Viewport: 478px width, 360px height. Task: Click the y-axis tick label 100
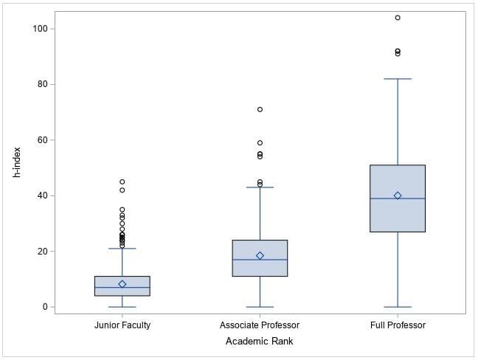40,29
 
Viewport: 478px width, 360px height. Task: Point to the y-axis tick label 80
42,84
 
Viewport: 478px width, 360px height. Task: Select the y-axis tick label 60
42,140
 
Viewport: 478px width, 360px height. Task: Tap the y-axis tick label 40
42,195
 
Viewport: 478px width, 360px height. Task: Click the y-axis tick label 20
42,252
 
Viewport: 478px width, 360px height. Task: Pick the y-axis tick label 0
44,307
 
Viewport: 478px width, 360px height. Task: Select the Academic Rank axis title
259,341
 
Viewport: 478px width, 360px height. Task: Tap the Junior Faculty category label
122,325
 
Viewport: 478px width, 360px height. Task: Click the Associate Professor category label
260,325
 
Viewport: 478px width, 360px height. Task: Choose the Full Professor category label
398,325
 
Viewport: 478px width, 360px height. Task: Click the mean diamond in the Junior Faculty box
122,284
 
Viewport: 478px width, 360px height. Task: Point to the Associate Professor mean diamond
260,255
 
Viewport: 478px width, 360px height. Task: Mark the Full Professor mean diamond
398,195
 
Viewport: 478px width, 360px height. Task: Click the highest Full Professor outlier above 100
398,18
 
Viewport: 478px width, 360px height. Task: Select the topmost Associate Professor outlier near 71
260,109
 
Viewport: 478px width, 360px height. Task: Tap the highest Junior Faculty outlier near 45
122,181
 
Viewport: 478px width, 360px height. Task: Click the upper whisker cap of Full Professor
398,79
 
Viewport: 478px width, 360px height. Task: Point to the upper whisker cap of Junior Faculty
122,249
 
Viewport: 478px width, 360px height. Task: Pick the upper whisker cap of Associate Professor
260,187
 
